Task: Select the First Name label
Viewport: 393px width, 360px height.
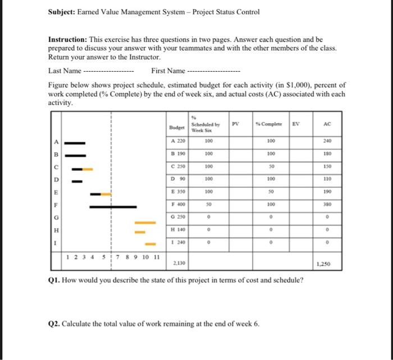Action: coord(168,71)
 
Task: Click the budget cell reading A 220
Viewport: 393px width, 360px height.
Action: coord(177,141)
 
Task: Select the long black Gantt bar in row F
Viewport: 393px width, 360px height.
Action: coord(112,207)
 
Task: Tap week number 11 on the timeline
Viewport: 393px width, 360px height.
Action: coord(157,257)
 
